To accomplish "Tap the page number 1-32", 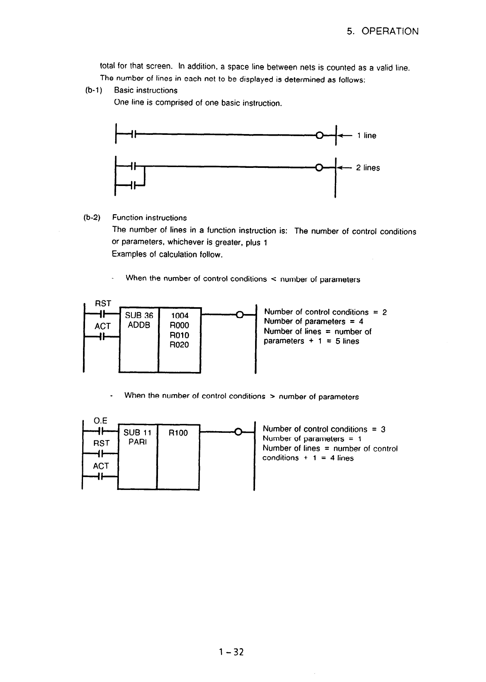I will (232, 652).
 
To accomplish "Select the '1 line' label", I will (366, 136).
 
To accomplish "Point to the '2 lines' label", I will (368, 168).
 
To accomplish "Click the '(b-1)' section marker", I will (93, 91).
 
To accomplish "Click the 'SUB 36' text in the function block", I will (139, 316).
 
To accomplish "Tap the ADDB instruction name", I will (139, 325).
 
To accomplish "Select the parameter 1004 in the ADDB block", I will (180, 316).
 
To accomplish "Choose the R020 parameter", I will (180, 345).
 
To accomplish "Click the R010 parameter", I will (180, 335).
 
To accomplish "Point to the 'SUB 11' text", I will (137, 433).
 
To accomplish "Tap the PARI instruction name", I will (137, 442).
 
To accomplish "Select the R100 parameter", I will (178, 433).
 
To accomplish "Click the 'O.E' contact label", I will (100, 421).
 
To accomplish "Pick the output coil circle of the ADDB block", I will (239, 315).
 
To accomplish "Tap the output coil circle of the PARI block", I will (238, 432).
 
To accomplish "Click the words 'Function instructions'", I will (150, 218).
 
